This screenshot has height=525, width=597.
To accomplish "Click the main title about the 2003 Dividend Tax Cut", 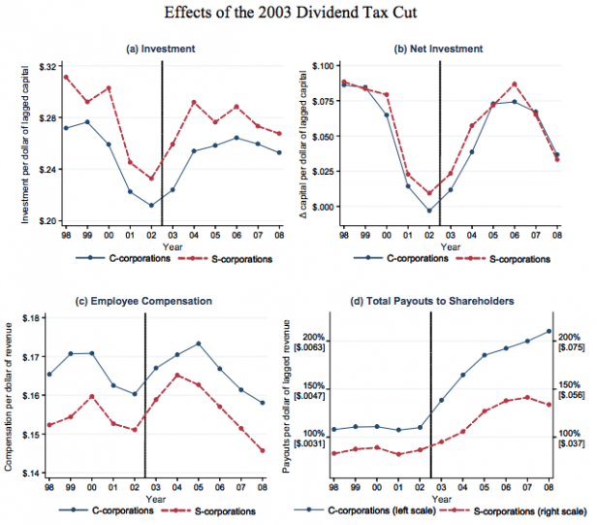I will (x=298, y=15).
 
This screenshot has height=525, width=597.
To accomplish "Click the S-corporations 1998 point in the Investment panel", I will (x=66, y=77).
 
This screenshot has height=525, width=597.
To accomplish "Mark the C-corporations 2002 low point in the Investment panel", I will (x=151, y=205).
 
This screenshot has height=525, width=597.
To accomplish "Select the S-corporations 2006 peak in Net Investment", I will (x=515, y=84).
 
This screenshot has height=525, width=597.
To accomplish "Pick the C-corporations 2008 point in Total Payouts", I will (x=549, y=331).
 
